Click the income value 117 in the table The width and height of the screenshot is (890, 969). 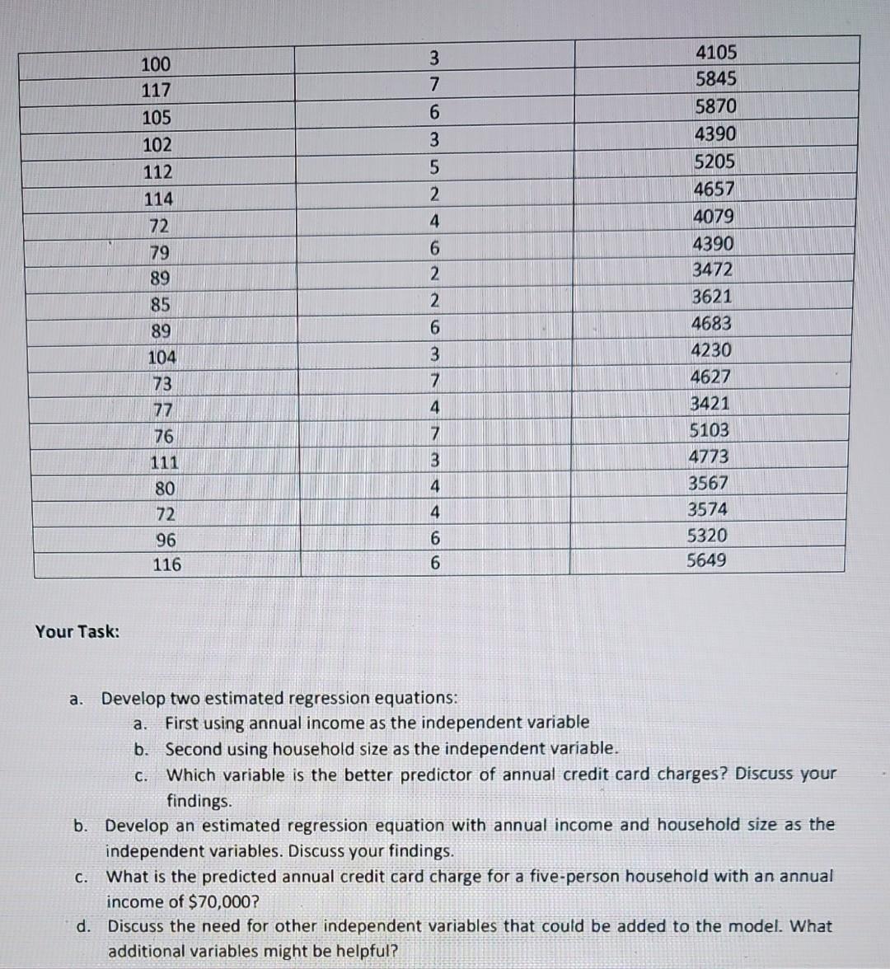(156, 91)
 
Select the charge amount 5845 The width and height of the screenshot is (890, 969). (715, 80)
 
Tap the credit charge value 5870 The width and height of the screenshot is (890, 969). (715, 107)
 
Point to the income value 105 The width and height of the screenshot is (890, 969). (156, 118)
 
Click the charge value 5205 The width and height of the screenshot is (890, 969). (714, 161)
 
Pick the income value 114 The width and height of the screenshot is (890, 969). (157, 199)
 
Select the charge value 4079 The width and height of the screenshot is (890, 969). (714, 217)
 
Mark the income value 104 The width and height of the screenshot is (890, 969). (162, 358)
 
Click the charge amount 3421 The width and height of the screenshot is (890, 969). (710, 404)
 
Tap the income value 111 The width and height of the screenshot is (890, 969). (164, 462)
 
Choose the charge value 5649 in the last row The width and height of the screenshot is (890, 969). (707, 561)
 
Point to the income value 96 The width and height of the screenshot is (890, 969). (166, 540)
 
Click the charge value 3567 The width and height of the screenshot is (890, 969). (708, 483)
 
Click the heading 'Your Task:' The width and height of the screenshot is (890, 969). (77, 632)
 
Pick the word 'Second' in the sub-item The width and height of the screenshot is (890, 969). (192, 749)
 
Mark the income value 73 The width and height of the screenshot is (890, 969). (162, 384)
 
